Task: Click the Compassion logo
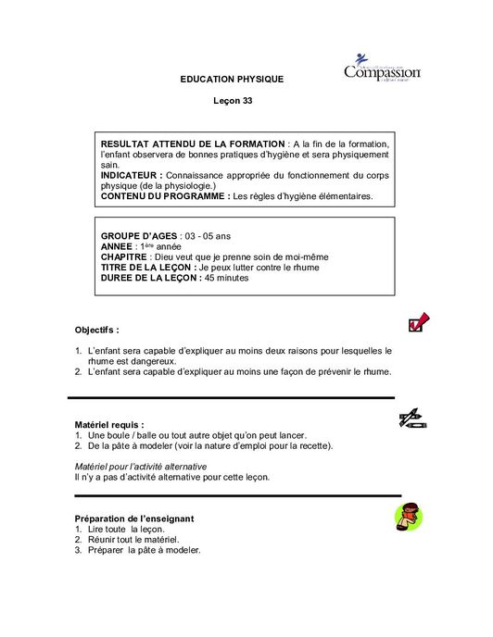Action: pyautogui.click(x=382, y=70)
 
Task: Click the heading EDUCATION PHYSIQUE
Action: pyautogui.click(x=232, y=80)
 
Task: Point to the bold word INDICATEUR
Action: pyautogui.click(x=131, y=174)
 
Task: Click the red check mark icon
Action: pyautogui.click(x=418, y=321)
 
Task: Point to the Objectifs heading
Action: pyautogui.click(x=96, y=330)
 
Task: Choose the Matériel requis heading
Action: pyautogui.click(x=109, y=424)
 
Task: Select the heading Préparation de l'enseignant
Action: pyautogui.click(x=133, y=518)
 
